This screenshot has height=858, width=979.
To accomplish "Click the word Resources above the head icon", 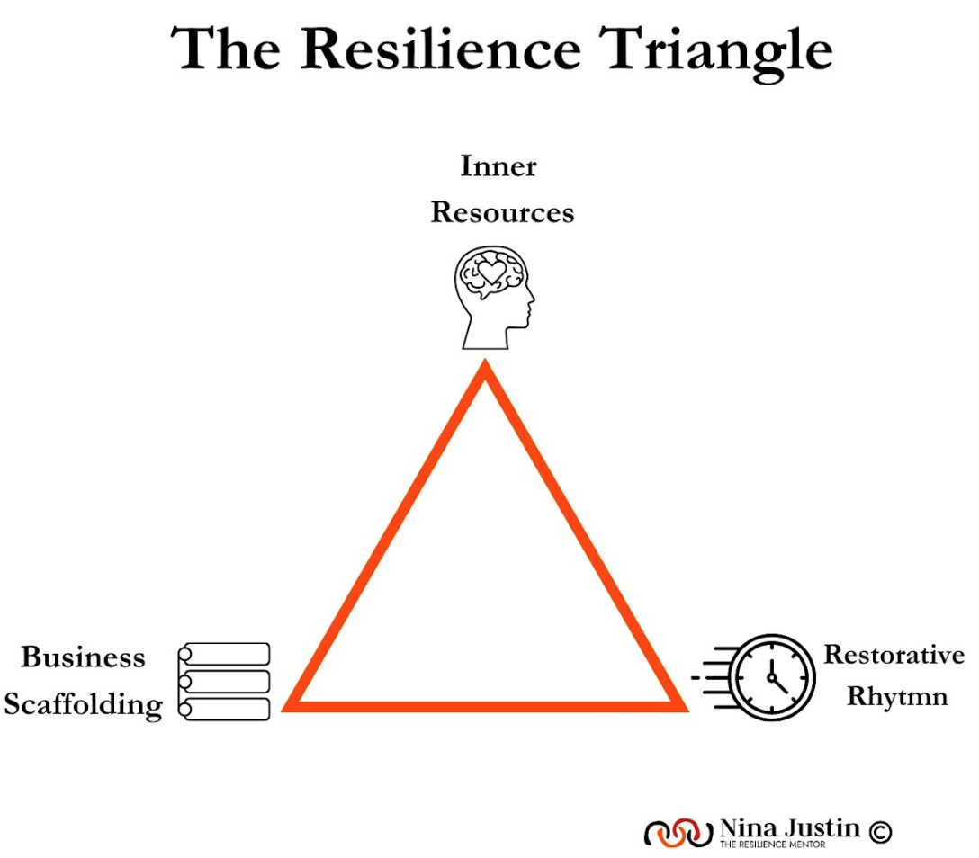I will tap(502, 212).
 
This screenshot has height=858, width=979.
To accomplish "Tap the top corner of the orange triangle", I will tap(486, 369).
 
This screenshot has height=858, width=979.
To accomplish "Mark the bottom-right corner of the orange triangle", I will tap(681, 704).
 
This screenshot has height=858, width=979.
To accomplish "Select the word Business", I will tap(83, 657).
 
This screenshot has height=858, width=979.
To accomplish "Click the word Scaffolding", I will tap(83, 704).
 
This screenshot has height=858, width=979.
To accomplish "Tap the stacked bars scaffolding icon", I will tap(224, 681).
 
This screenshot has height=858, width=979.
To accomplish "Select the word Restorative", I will tap(894, 654).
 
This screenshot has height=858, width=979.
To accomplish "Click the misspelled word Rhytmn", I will tap(897, 696).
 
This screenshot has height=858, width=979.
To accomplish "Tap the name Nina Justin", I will tap(789, 827).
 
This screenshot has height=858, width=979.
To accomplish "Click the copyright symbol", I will tap(880, 833).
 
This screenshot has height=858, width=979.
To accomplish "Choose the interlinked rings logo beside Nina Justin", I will tap(678, 833).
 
